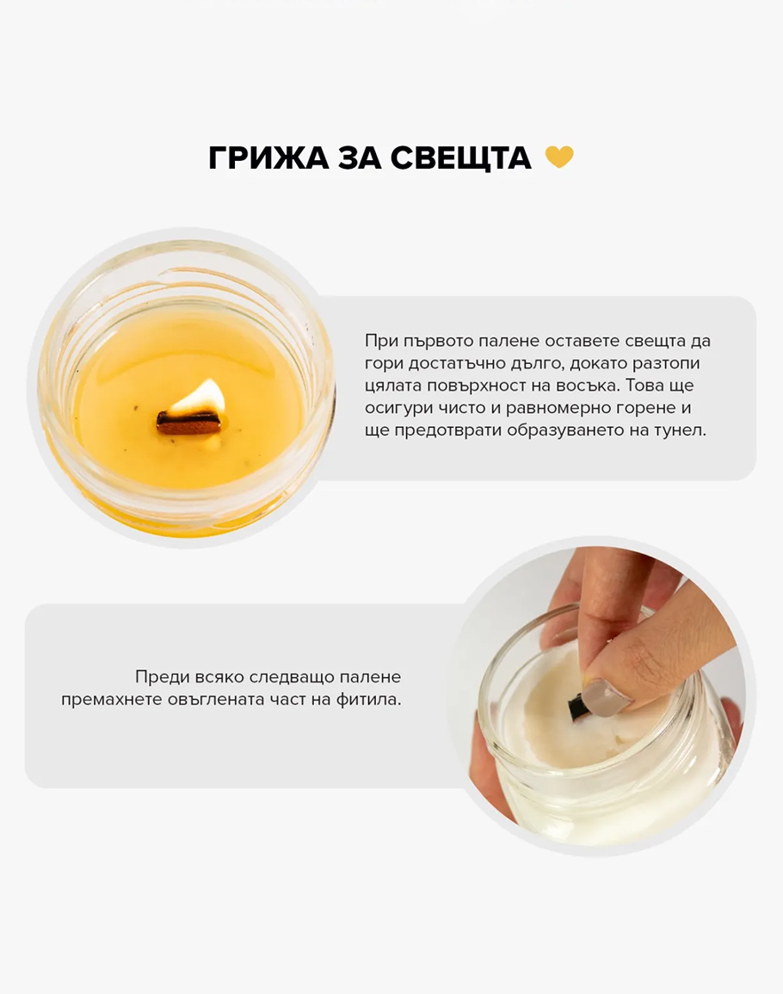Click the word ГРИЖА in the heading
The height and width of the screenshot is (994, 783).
click(268, 157)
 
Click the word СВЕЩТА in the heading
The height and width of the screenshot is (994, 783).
click(461, 157)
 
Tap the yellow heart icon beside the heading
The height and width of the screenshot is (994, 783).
click(559, 157)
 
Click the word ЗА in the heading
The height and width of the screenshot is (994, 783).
click(359, 157)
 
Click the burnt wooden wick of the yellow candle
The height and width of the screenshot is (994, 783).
click(189, 423)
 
